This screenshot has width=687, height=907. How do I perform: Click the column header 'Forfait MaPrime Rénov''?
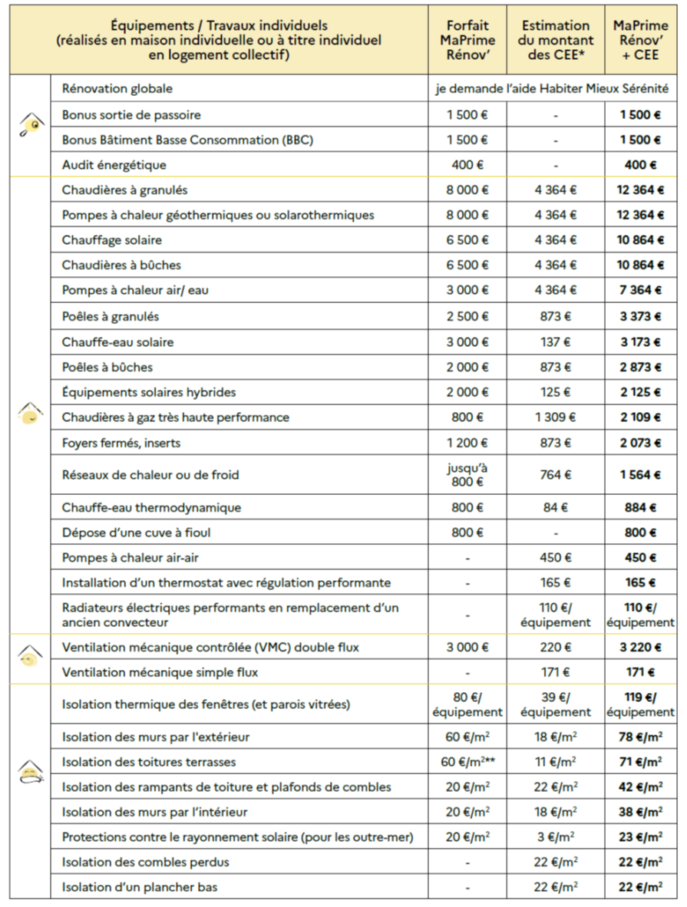click(468, 40)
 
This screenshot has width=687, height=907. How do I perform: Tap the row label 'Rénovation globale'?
click(117, 89)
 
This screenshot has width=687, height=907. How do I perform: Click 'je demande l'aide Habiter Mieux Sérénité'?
click(552, 89)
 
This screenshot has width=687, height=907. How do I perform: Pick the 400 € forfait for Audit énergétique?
click(468, 165)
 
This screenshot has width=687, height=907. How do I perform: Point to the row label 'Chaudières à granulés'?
click(124, 190)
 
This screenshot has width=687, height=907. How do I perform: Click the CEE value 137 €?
click(556, 341)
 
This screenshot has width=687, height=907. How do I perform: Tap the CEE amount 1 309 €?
click(556, 417)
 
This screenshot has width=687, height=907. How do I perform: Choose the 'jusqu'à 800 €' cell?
click(468, 475)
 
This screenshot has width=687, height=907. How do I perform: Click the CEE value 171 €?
click(556, 673)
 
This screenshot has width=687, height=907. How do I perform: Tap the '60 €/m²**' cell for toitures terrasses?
click(468, 762)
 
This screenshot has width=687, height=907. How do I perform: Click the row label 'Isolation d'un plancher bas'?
click(140, 887)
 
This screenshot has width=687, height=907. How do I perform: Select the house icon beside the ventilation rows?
click(31, 656)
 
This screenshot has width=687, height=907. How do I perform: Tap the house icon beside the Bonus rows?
click(31, 124)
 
